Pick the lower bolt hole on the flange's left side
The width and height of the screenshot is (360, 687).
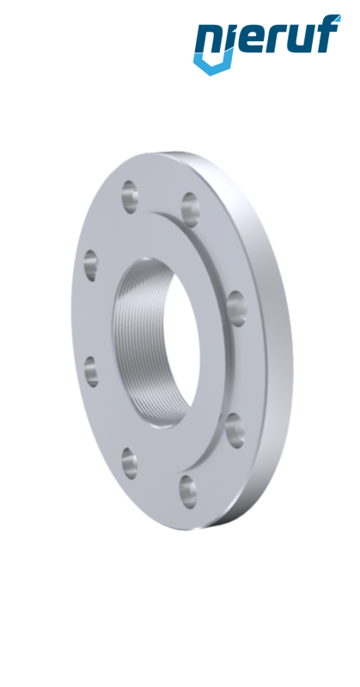click(92, 372)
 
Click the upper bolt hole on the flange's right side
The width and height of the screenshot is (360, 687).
click(235, 302)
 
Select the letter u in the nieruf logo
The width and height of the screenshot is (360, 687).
click(297, 41)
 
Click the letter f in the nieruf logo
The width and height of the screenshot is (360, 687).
click(326, 36)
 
